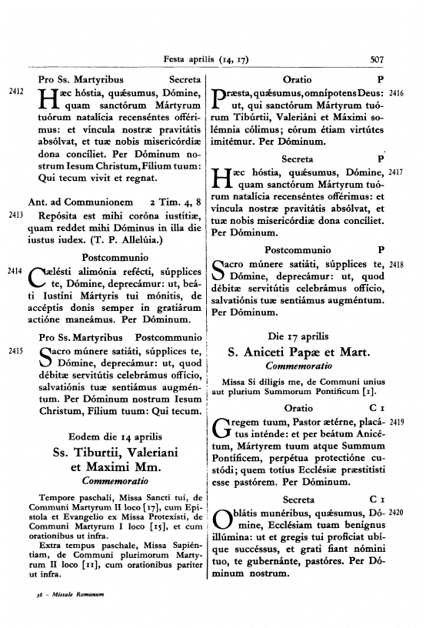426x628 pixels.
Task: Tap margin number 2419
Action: point(397,423)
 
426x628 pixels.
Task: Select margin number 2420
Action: point(397,489)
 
